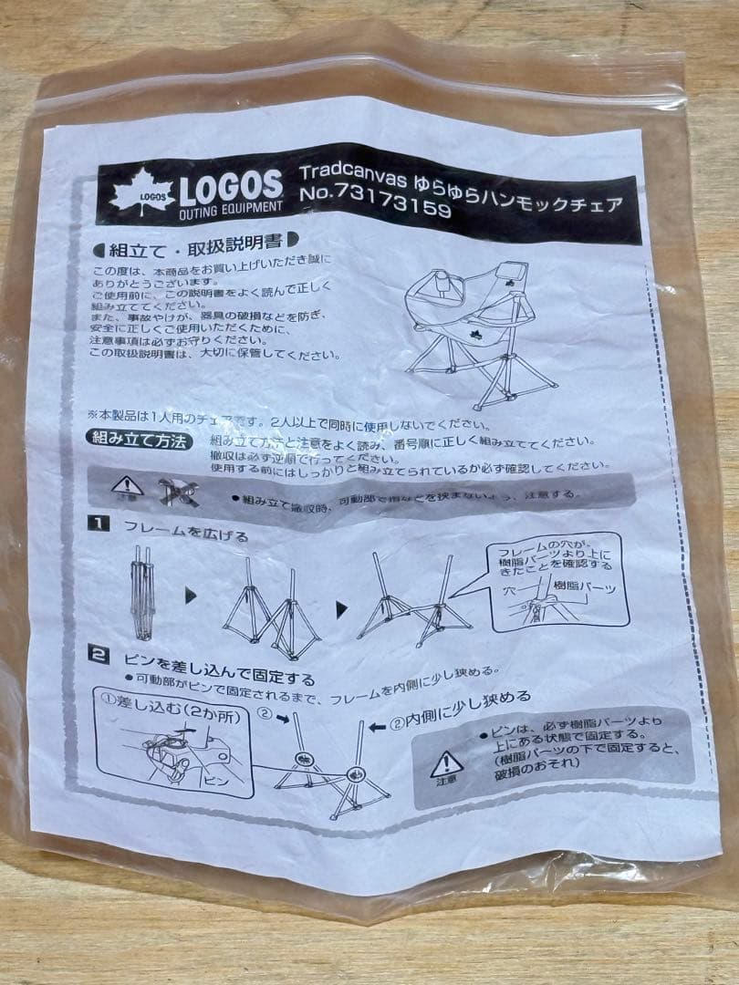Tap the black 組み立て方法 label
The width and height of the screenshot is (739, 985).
click(140, 440)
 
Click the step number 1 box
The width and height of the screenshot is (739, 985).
click(99, 524)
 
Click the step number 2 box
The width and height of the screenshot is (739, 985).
click(99, 653)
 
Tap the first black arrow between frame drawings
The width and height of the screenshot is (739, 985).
click(190, 596)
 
